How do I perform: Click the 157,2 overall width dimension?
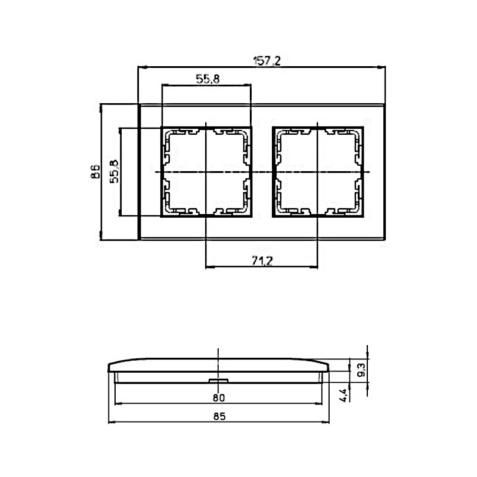(267, 61)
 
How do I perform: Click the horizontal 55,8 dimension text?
(207, 79)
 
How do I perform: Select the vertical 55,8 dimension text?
(114, 171)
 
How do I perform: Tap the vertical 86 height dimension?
(95, 172)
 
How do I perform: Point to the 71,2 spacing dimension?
(262, 261)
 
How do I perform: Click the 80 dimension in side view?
(219, 397)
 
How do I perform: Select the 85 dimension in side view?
(219, 416)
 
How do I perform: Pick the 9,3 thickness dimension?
(362, 370)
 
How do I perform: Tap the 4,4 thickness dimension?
(344, 395)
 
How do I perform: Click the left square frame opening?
(206, 172)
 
